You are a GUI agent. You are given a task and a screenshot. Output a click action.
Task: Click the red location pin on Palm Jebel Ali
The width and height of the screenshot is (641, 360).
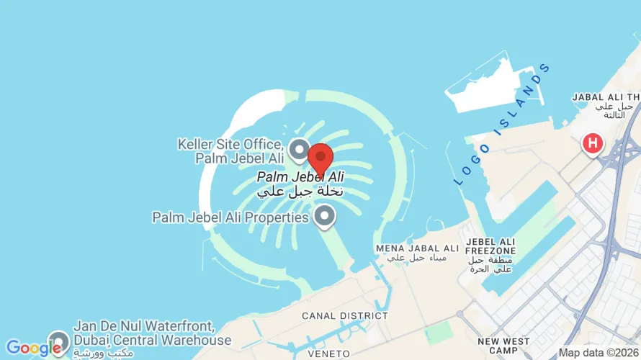click(320, 157)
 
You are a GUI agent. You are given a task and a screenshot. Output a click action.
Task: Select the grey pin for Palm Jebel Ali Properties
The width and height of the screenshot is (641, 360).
click(326, 215)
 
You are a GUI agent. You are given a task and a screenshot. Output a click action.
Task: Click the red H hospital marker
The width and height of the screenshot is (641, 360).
click(593, 143)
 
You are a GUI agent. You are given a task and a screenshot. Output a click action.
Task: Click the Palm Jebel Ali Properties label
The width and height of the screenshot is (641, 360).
click(230, 217)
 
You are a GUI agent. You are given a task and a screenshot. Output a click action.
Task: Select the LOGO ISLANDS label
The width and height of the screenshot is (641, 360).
click(502, 125)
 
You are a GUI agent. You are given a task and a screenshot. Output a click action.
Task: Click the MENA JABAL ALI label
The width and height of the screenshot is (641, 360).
click(417, 248)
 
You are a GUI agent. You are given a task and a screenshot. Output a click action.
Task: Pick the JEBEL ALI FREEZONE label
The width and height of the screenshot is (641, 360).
click(491, 248)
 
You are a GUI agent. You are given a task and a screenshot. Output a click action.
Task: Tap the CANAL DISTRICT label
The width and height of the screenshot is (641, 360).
click(345, 315)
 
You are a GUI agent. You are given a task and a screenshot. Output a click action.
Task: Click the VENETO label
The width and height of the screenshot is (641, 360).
click(328, 354)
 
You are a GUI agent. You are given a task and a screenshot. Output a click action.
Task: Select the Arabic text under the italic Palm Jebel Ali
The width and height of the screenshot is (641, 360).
click(300, 192)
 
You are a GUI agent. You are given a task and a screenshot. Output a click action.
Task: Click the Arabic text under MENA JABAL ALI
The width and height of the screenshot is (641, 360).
click(417, 258)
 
